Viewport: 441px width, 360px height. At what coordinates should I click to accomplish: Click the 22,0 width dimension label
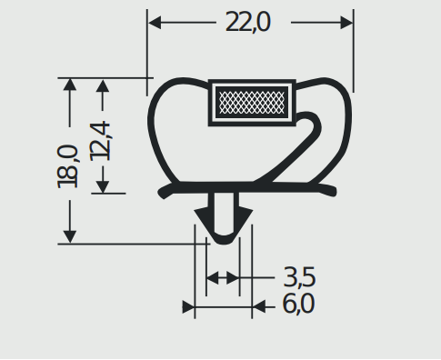[x=247, y=22]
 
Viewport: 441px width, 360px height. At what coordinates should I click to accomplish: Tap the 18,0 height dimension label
[x=67, y=166]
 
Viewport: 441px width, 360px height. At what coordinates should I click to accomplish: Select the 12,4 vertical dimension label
[x=100, y=141]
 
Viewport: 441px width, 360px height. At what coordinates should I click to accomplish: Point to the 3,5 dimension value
[x=299, y=277]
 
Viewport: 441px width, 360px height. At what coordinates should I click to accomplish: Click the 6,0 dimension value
[x=298, y=304]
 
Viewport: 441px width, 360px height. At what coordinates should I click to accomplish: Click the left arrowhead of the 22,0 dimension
[x=155, y=23]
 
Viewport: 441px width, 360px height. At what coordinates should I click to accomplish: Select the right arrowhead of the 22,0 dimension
[x=346, y=23]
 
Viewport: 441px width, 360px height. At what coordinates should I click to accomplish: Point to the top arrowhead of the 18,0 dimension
[x=70, y=85]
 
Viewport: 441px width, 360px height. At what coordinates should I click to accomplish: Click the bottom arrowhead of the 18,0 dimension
[x=70, y=236]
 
